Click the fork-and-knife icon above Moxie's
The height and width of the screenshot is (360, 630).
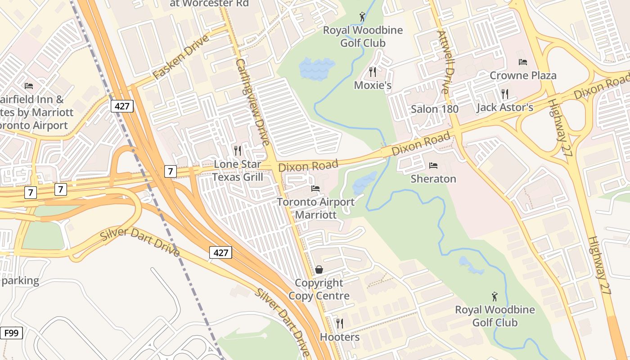pyautogui.click(x=372, y=72)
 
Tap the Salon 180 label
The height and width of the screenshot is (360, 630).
pyautogui.click(x=435, y=109)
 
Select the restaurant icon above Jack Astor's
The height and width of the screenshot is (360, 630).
pyautogui.click(x=505, y=94)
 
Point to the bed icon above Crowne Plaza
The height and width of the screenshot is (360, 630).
pyautogui.click(x=522, y=62)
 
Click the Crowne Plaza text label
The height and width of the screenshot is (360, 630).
pyautogui.click(x=523, y=75)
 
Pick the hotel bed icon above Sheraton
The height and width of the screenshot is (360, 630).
pyautogui.click(x=433, y=166)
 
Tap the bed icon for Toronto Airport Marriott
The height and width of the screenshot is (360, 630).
pyautogui.click(x=315, y=188)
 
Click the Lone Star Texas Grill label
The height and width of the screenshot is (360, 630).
pyautogui.click(x=238, y=171)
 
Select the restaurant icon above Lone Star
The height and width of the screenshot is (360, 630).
pyautogui.click(x=238, y=150)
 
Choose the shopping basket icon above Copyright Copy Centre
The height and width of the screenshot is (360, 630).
pyautogui.click(x=319, y=270)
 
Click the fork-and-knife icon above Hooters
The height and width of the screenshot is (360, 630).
pyautogui.click(x=340, y=323)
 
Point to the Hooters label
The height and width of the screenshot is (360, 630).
pyautogui.click(x=340, y=337)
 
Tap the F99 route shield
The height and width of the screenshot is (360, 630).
pyautogui.click(x=11, y=333)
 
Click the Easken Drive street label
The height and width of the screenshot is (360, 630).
pyautogui.click(x=181, y=57)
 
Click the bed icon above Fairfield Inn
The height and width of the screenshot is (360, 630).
pyautogui.click(x=29, y=85)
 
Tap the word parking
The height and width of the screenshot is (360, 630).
pyautogui.click(x=20, y=281)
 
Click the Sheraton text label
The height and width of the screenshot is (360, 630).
pyautogui.click(x=433, y=179)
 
